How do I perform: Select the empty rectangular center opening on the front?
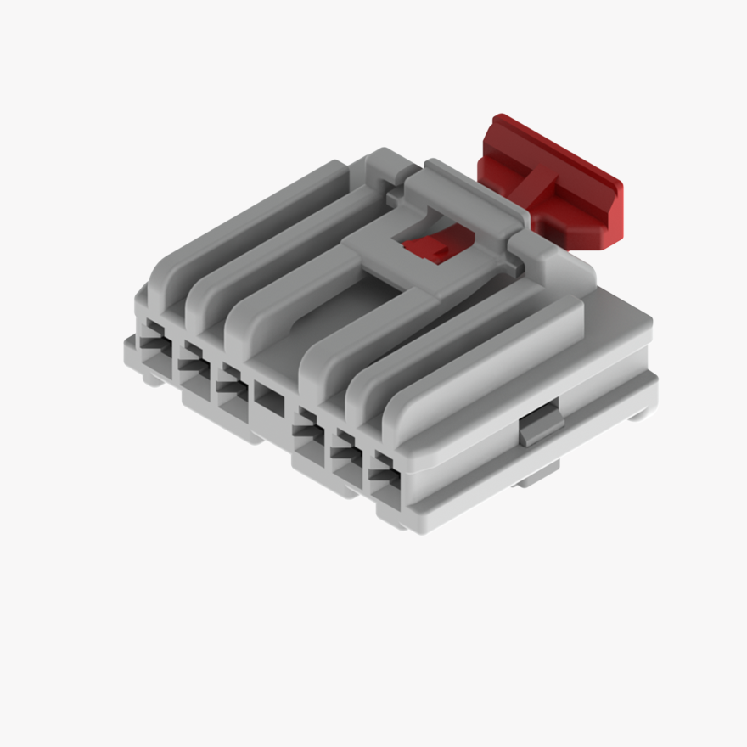pyautogui.click(x=271, y=396)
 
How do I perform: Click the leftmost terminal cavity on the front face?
pyautogui.click(x=154, y=339)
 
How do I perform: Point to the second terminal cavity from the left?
pyautogui.click(x=193, y=363)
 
